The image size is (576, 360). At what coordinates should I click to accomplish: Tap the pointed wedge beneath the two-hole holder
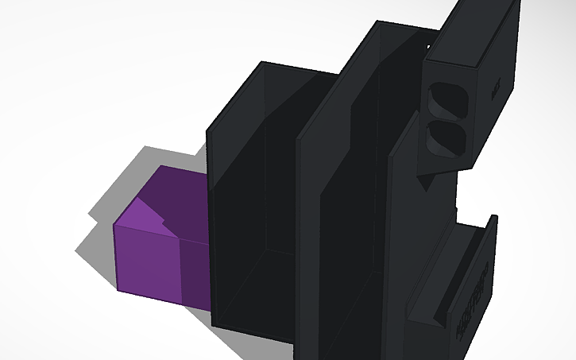[x=425, y=180]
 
